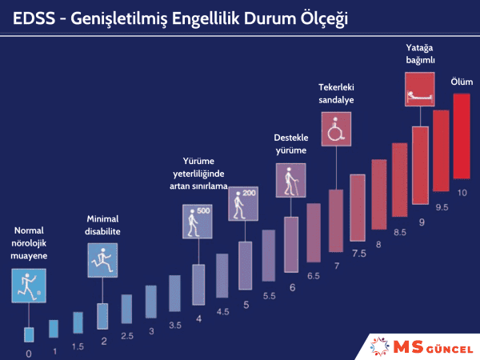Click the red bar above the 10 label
pos(461,136)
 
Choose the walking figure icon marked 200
pos(242,203)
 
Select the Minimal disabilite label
pos(103,225)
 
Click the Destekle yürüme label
pos(290,144)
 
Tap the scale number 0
pos(29,352)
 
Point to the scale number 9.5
pos(441,206)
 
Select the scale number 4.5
pos(223,311)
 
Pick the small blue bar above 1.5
pos(78,322)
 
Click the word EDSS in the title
pos(33,17)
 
